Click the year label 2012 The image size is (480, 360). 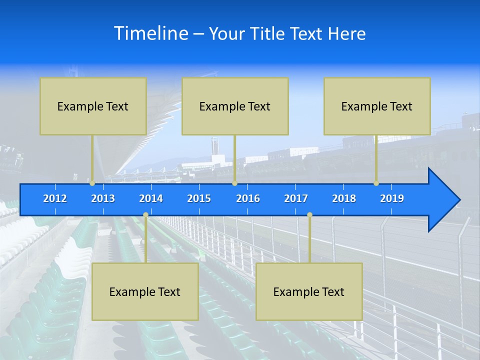[55, 198]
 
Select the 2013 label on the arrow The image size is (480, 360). [103, 198]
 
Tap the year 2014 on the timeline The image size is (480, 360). [151, 198]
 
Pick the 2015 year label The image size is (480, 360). [199, 198]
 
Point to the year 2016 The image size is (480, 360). [248, 198]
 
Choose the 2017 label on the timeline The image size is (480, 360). [296, 198]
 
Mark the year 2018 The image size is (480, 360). [344, 198]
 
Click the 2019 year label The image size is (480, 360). [392, 198]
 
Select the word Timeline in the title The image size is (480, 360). [150, 33]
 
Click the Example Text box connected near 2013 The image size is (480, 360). [93, 106]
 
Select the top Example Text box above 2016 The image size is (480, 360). [235, 106]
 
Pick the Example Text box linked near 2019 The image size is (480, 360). [377, 106]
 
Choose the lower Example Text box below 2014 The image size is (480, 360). [145, 291]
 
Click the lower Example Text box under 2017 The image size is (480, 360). [309, 291]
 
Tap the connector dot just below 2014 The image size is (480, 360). [145, 215]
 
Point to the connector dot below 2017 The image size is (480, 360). [309, 215]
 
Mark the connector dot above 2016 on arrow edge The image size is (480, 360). [234, 183]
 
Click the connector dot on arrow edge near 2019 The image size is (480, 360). [376, 183]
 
